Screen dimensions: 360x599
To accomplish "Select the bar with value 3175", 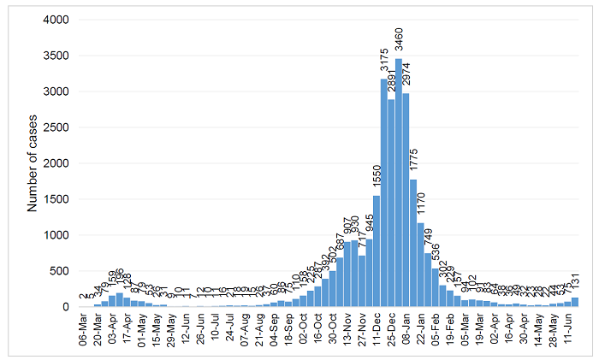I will coord(384,192).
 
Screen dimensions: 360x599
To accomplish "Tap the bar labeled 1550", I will coord(376,251).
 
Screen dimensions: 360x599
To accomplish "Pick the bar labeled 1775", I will coord(413,243).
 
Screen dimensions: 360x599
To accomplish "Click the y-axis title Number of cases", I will coord(33,163).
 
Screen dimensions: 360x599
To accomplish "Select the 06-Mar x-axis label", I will coord(83,328).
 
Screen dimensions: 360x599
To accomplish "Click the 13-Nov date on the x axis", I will coord(347,328).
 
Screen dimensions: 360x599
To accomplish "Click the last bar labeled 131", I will coord(574,302).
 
